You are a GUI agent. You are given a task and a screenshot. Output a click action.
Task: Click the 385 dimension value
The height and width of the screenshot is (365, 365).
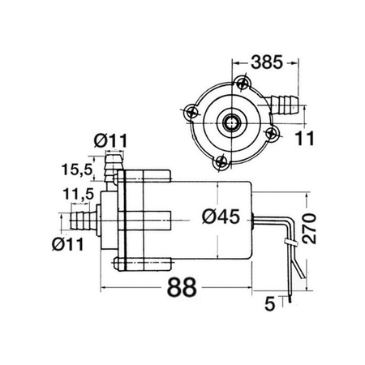[267, 62]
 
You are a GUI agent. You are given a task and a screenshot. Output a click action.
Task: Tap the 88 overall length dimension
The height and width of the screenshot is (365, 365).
[182, 287]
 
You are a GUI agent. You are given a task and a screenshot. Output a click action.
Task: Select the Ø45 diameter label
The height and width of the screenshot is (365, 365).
[221, 217]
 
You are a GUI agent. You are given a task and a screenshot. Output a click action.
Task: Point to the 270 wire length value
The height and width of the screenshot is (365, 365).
[309, 229]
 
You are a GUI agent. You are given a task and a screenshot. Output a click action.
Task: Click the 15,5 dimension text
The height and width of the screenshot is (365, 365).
[77, 170]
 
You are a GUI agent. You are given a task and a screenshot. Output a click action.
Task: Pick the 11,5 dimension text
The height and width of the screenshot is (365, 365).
[78, 194]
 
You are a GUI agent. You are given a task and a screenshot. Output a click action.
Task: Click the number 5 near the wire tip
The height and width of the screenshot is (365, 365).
[269, 303]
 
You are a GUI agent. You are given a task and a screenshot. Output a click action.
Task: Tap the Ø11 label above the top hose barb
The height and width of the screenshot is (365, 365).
[110, 141]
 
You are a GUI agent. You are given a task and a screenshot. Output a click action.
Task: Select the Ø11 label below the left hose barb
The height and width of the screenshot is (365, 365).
[68, 244]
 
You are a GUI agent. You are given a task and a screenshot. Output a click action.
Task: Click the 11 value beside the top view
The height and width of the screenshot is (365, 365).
[305, 138]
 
